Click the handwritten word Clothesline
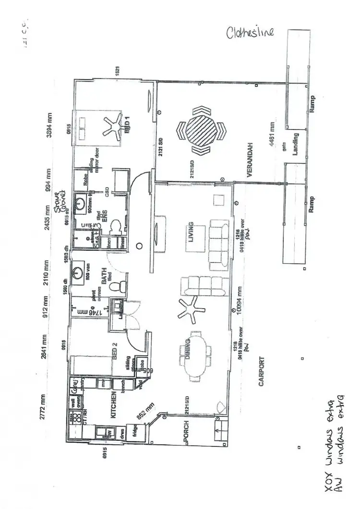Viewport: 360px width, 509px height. tap(251, 32)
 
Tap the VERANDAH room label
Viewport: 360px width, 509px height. tap(250, 166)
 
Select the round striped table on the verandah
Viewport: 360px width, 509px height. tap(201, 130)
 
